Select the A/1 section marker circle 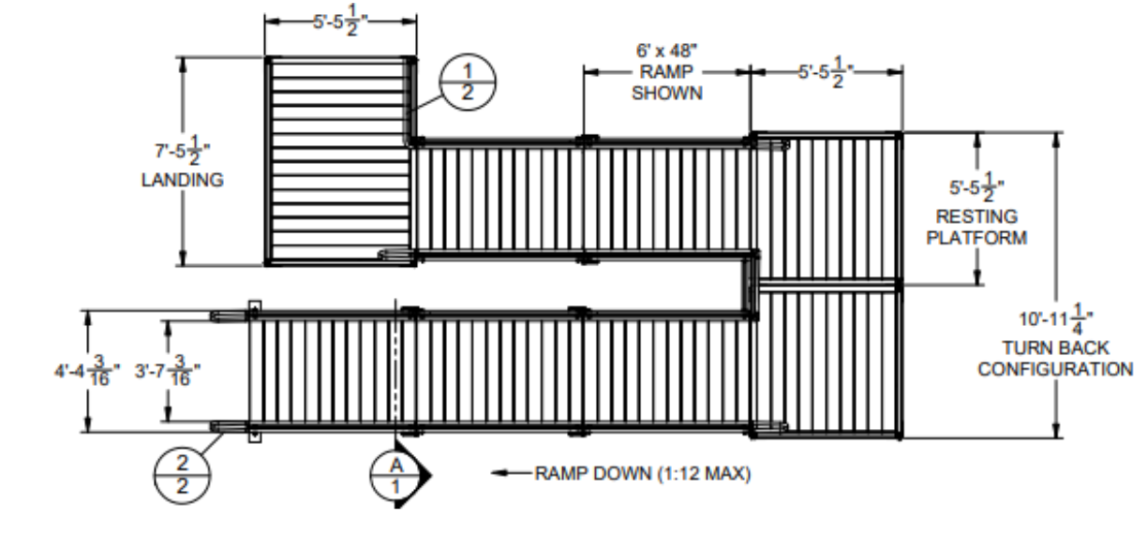(x=396, y=474)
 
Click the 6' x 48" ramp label (x=666, y=52)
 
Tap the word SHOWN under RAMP (x=666, y=94)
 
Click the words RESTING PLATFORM (x=976, y=227)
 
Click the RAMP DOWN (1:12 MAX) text (x=643, y=473)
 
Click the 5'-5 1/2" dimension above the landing (x=340, y=21)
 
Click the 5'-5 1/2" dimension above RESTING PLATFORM (x=976, y=187)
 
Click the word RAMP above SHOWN (x=666, y=73)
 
